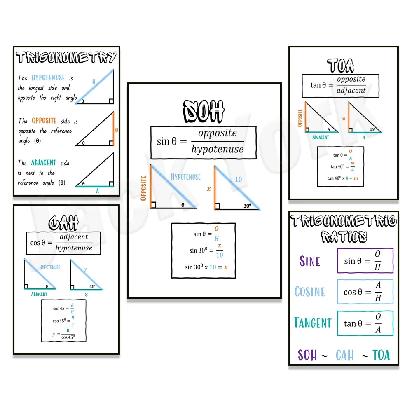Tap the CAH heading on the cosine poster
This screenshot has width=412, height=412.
click(63, 223)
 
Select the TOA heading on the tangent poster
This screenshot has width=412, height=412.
click(341, 65)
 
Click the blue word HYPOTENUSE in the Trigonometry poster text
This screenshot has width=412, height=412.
click(48, 77)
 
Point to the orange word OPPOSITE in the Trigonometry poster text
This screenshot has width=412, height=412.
click(44, 121)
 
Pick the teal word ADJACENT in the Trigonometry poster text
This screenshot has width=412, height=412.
click(44, 163)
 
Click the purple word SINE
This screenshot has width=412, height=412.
click(310, 261)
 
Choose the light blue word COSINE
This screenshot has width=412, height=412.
click(310, 292)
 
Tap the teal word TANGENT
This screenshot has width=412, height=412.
click(313, 323)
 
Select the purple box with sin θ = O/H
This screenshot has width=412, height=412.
click(365, 261)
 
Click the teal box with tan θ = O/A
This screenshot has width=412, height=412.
click(365, 323)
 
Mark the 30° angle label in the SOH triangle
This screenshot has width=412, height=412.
click(247, 205)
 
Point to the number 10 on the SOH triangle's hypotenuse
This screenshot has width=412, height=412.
click(239, 180)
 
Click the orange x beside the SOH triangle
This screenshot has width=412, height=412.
click(208, 189)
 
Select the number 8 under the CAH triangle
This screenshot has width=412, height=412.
click(86, 295)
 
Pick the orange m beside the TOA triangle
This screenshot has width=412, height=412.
click(343, 119)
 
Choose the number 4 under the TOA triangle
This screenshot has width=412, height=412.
click(364, 138)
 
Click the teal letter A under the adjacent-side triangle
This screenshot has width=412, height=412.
click(97, 191)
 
